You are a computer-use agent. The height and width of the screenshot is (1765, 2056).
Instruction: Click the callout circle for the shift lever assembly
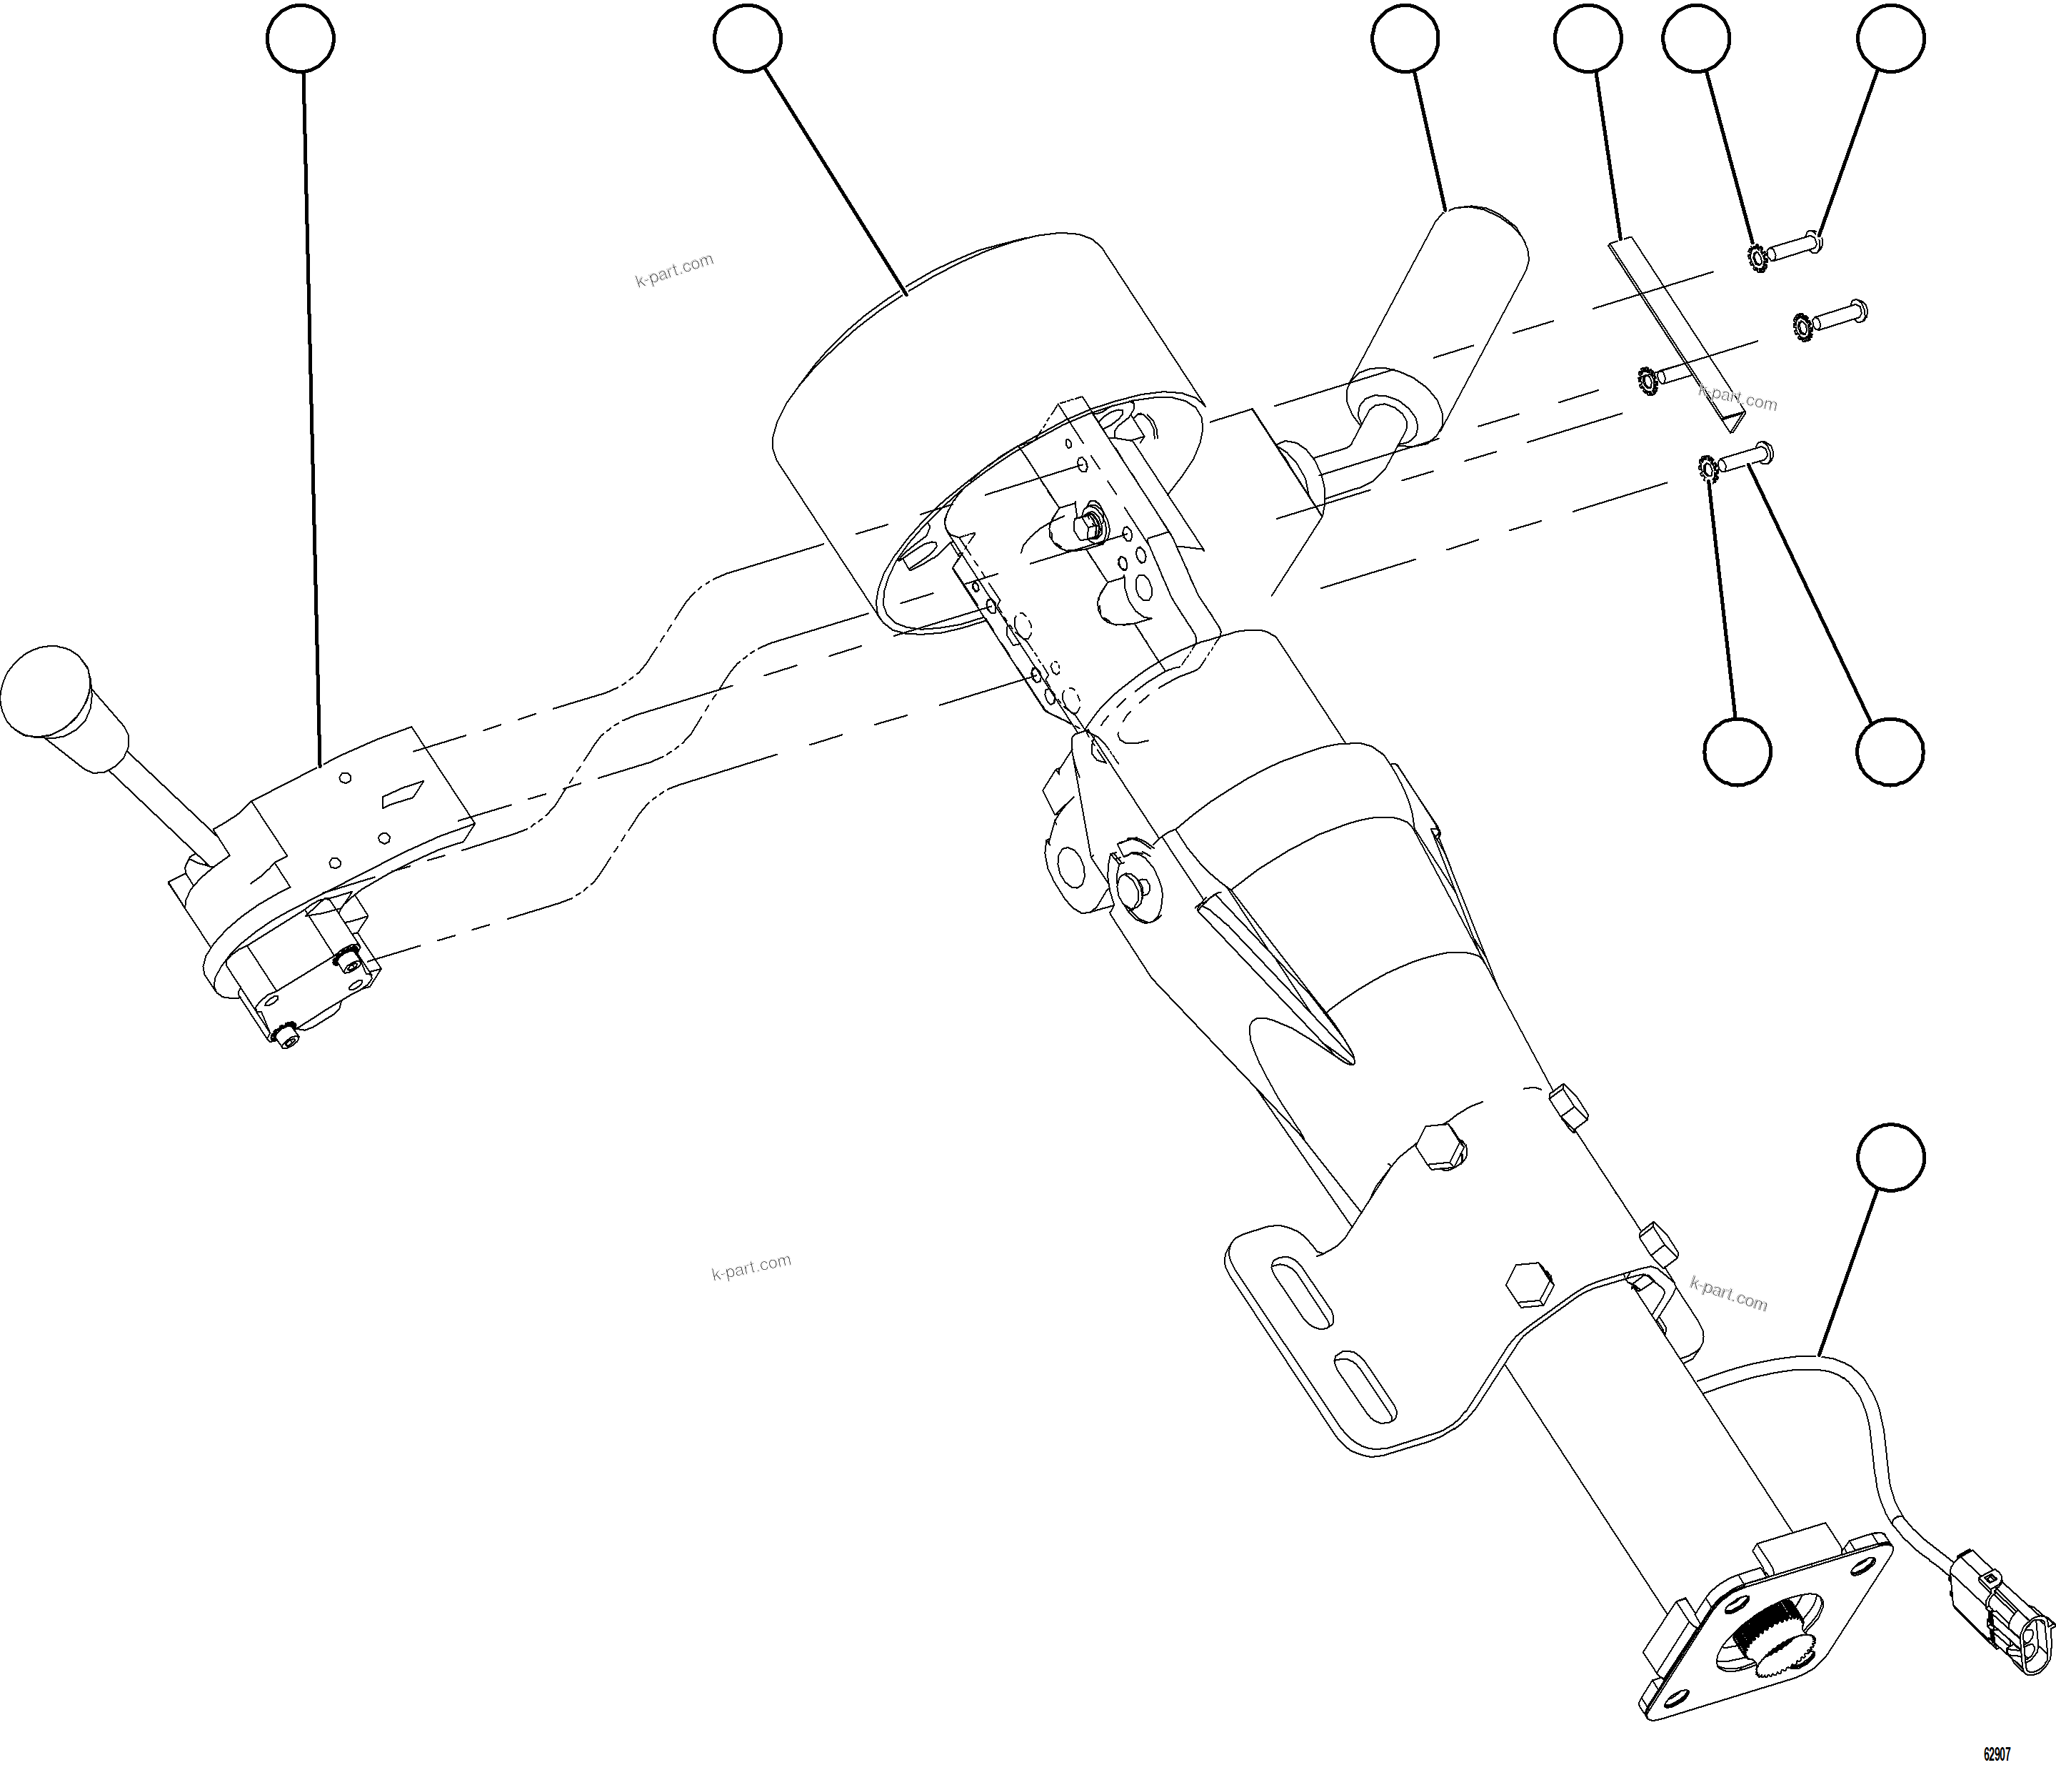[301, 38]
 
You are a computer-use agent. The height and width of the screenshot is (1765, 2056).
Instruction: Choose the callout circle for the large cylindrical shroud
[747, 38]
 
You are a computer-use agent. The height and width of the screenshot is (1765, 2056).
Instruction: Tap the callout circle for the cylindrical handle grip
[1406, 38]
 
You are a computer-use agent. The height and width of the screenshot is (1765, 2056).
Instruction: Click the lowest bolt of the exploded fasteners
[1746, 457]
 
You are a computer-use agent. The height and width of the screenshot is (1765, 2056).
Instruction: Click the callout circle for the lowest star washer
[1737, 752]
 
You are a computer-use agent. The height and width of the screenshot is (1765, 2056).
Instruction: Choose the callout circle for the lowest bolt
[1890, 752]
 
